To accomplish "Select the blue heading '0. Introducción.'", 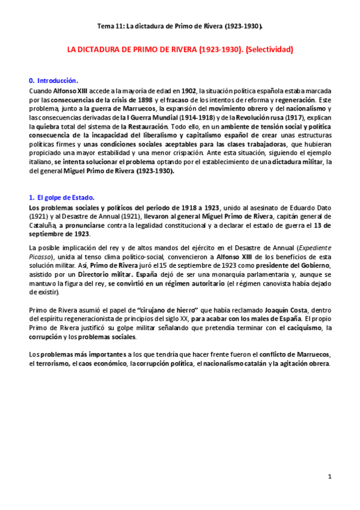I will [x=53, y=80].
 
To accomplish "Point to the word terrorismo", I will [x=50, y=364].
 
